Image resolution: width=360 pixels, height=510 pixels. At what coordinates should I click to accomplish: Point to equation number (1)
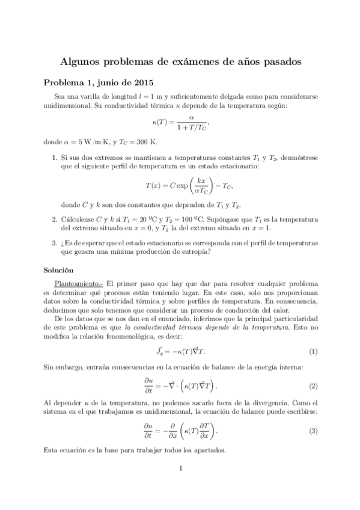(313, 351)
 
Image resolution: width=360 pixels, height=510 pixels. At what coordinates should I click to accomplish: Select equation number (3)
(313, 431)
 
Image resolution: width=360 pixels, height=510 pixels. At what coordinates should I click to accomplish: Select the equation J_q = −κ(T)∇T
(180, 351)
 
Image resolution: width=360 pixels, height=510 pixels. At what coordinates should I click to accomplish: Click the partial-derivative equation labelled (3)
(180, 431)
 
